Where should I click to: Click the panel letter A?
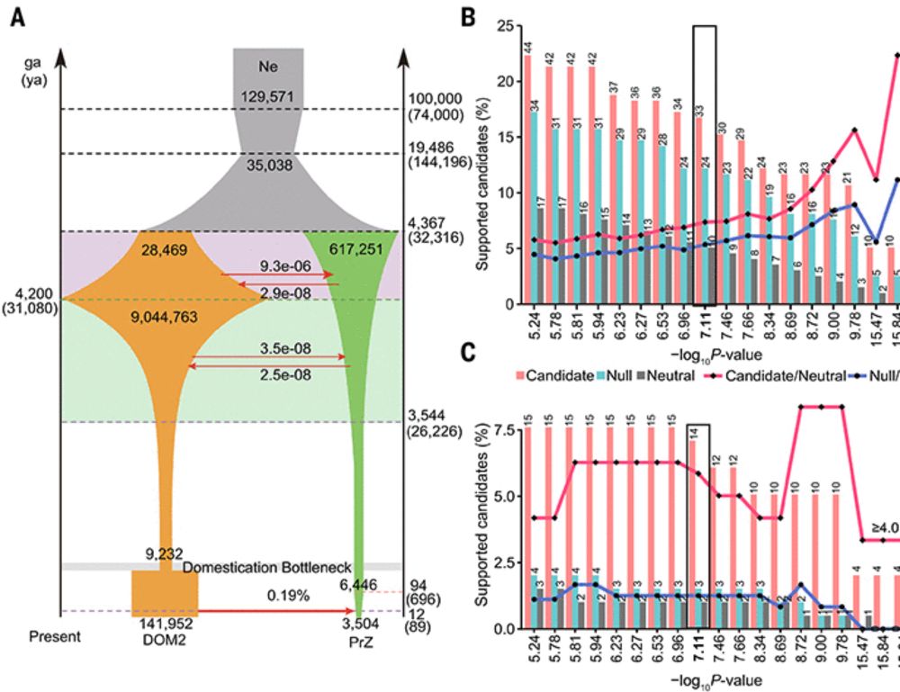pos(18,17)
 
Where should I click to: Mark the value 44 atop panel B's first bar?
pos(527,45)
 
